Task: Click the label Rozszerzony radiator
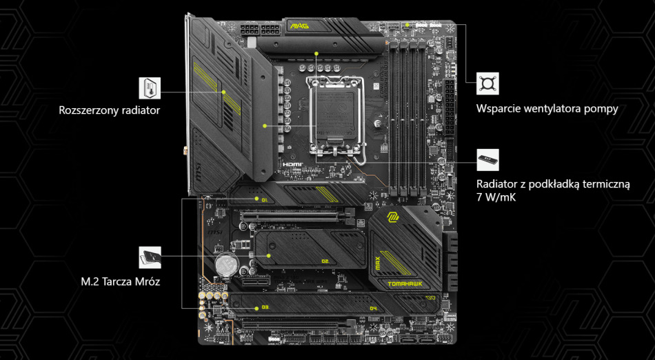pos(110,109)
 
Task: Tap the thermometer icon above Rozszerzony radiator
pos(150,88)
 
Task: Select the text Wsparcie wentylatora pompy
pos(547,109)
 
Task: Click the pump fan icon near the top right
pos(488,83)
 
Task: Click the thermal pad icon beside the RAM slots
pos(488,159)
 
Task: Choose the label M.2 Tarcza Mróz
pos(120,281)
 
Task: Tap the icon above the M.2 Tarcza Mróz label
pos(150,257)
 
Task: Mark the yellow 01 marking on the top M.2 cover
pos(263,199)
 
